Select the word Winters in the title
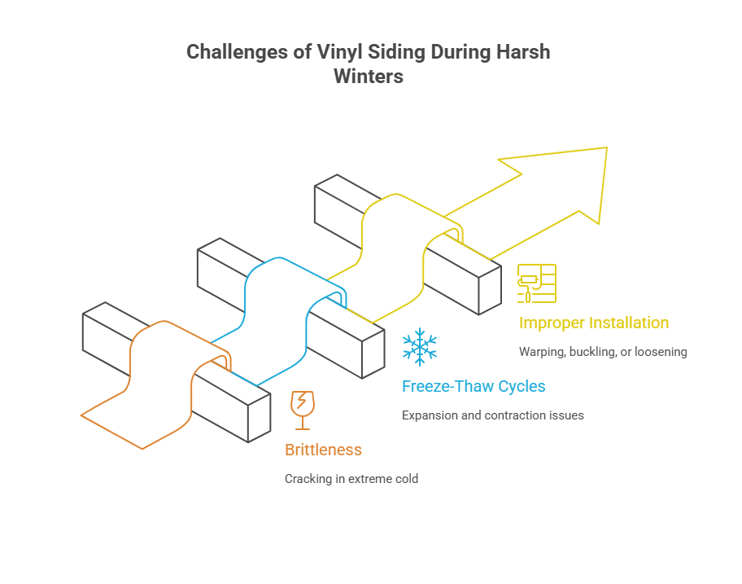(369, 77)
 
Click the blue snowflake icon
(420, 347)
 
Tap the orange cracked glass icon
(302, 410)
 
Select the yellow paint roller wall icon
(537, 283)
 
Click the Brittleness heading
(323, 450)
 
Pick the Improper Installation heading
(594, 323)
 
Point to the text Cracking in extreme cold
(351, 478)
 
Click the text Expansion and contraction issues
(493, 415)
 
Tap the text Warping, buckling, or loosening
(603, 352)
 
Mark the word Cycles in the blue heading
(520, 386)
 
